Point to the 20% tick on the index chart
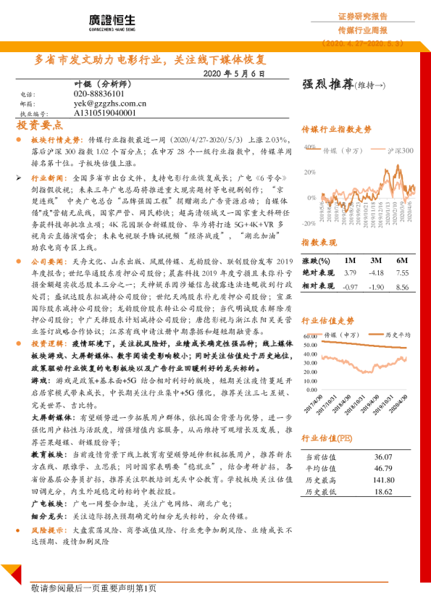click(x=309, y=172)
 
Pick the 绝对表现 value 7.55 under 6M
click(x=403, y=273)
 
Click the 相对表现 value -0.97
click(x=351, y=286)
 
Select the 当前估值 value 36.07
click(x=382, y=457)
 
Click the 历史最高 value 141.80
click(x=382, y=480)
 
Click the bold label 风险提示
click(x=49, y=530)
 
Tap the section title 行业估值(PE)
click(x=327, y=437)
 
